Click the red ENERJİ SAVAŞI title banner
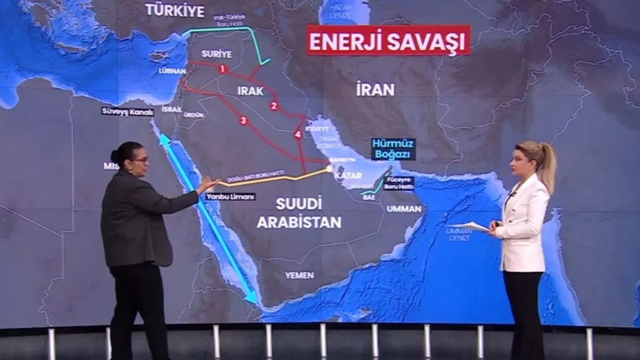[388, 41]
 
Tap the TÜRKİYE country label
[175, 11]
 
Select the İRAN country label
[375, 90]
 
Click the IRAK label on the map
[250, 91]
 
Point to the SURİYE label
[217, 54]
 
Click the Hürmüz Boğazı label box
[394, 149]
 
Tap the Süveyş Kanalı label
[127, 111]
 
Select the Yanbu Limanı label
[230, 196]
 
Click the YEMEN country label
[299, 275]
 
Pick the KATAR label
[348, 175]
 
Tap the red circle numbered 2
[274, 106]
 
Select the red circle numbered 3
[244, 121]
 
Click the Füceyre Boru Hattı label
[398, 183]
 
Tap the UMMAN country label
[404, 209]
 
